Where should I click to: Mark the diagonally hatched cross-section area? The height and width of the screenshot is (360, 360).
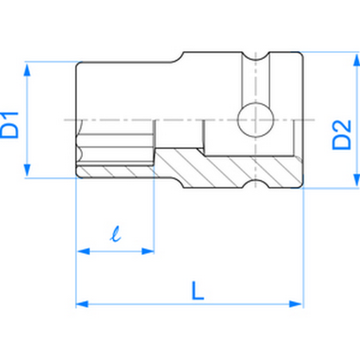[x=231, y=169]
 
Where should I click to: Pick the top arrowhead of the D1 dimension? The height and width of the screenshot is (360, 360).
[x=29, y=70]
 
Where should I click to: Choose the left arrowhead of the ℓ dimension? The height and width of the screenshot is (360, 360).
[x=83, y=252]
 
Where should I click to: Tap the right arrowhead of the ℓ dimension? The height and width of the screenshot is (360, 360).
[x=149, y=252]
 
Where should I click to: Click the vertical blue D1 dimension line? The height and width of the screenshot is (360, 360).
[x=29, y=119]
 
